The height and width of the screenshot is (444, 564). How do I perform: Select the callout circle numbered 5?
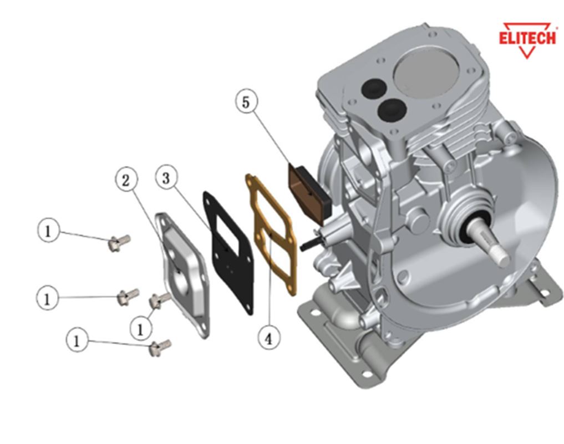tap(246, 102)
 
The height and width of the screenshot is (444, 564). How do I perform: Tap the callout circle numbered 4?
tap(269, 338)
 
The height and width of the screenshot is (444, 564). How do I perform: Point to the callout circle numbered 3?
tap(166, 177)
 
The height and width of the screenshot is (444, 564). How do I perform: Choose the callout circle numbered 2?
tap(126, 179)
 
